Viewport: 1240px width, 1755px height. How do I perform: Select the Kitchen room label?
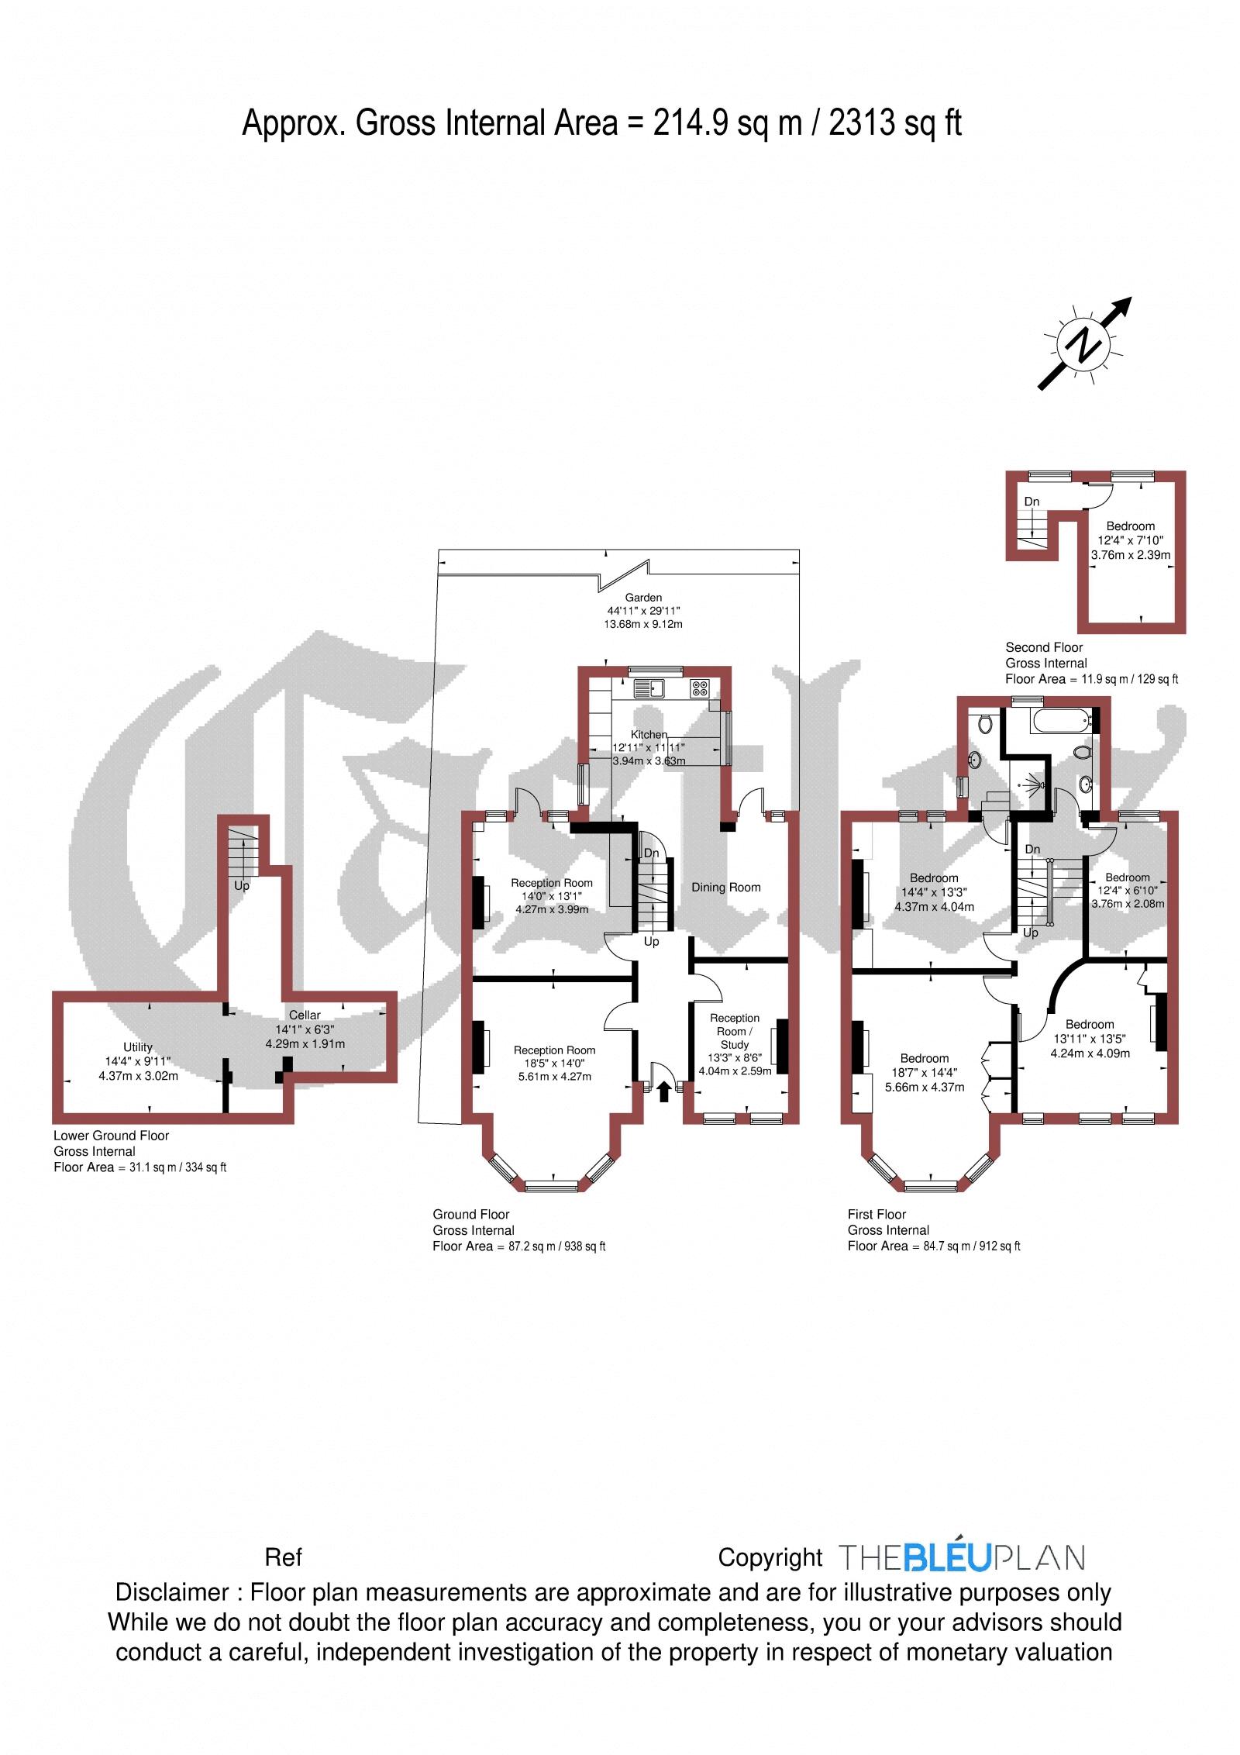648,734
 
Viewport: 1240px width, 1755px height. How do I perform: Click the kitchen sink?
647,687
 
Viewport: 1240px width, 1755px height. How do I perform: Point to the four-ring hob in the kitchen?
700,688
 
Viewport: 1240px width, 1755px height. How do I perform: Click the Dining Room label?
725,887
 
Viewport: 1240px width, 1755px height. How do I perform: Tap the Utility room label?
138,1046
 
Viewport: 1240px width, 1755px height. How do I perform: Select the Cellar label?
305,1015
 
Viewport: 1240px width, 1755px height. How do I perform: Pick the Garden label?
644,598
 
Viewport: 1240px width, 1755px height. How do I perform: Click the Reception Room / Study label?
735,1031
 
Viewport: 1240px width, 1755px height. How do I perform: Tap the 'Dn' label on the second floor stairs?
1032,502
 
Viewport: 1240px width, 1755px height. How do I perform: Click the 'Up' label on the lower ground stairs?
242,885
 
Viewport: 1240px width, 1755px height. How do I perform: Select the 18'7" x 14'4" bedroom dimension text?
925,1073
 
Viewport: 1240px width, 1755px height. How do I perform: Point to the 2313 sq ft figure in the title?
895,123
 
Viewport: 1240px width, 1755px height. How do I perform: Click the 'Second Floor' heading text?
1044,647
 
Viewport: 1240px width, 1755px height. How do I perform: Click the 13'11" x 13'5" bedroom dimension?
1090,1038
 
